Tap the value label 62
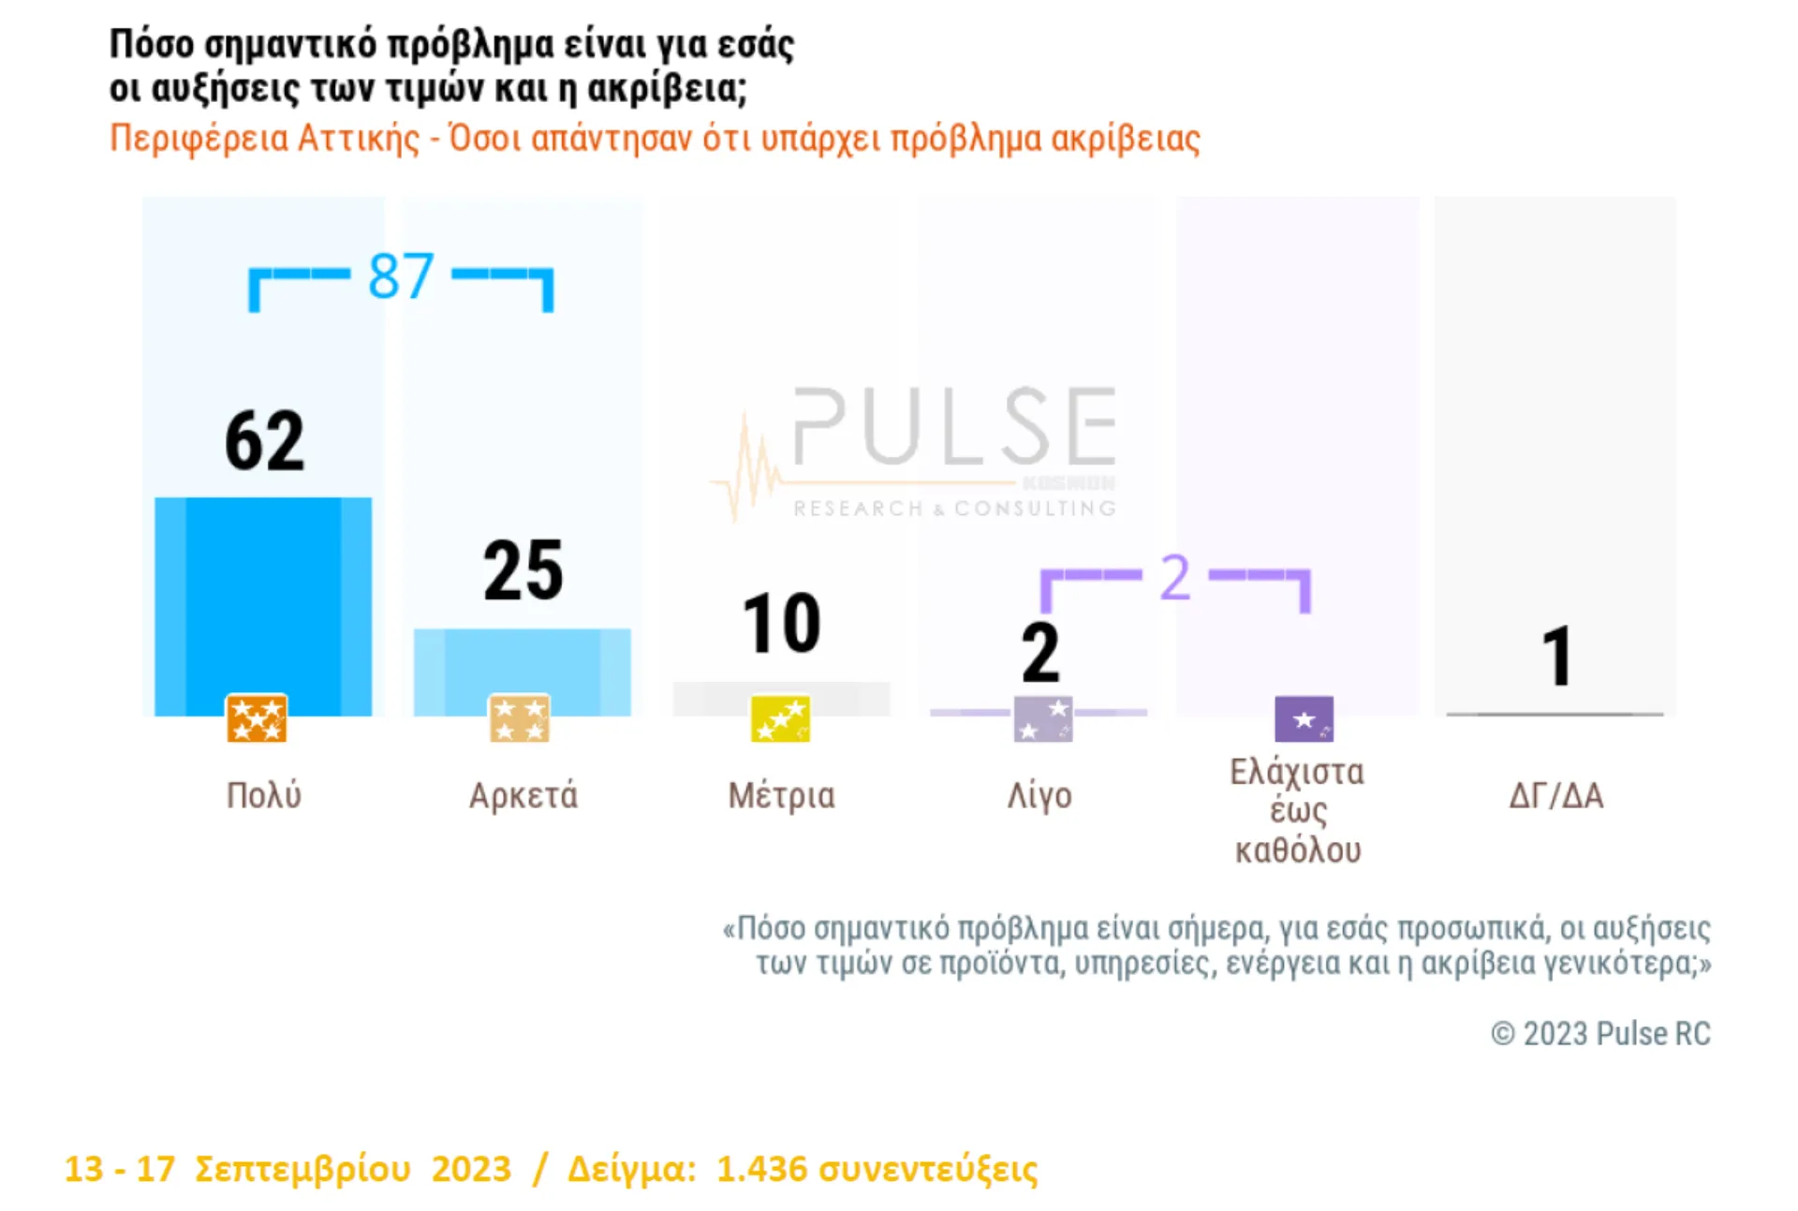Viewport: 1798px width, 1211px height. pos(264,441)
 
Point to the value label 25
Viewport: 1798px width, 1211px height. pos(523,570)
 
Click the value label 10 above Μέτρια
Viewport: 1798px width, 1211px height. pos(781,624)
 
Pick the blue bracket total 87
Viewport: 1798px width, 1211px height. pos(400,276)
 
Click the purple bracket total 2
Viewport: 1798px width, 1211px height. pos(1174,577)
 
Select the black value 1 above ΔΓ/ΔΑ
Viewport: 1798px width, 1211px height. pos(1556,657)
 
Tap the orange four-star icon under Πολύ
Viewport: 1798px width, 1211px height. pos(256,719)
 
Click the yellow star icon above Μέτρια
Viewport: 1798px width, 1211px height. pos(780,719)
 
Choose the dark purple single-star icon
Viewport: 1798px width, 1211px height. pos(1304,719)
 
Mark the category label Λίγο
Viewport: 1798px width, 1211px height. pos(1039,795)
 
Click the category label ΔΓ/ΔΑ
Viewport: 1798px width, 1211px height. pos(1555,795)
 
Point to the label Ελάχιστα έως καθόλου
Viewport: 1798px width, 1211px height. pos(1297,811)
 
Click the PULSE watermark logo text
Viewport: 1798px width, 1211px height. pos(953,428)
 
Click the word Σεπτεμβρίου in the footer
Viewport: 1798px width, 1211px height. pos(302,1169)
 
